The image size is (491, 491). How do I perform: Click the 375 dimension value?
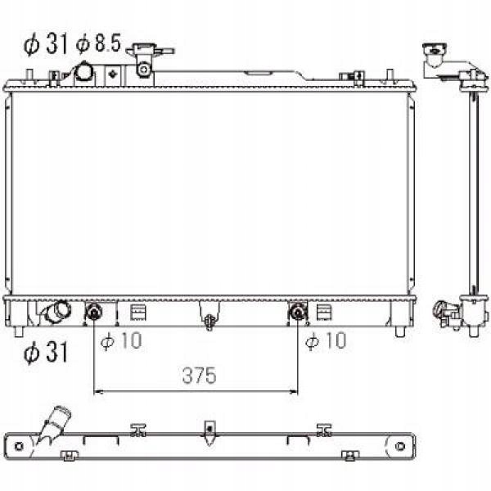199,375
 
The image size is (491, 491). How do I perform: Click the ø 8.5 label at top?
98,43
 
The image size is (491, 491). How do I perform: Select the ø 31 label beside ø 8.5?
46,44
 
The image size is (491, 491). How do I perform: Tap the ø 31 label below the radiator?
46,352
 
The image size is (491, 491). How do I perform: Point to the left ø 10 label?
121,340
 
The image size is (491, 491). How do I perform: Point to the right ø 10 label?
326,340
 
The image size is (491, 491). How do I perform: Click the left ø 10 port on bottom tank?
94,313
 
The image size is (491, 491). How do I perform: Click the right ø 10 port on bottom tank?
298,313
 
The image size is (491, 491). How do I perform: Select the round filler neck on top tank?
84,73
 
